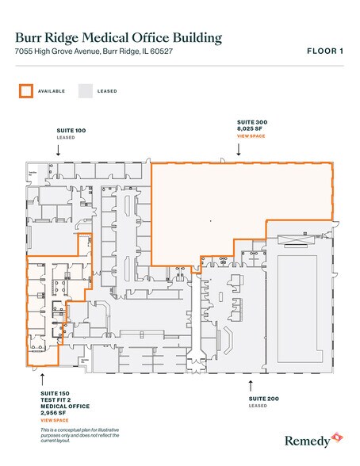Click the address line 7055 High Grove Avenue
[x=109, y=52]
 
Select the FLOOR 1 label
[x=324, y=52]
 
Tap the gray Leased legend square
[x=85, y=91]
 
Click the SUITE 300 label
[x=252, y=122]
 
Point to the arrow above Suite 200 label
[x=251, y=385]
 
